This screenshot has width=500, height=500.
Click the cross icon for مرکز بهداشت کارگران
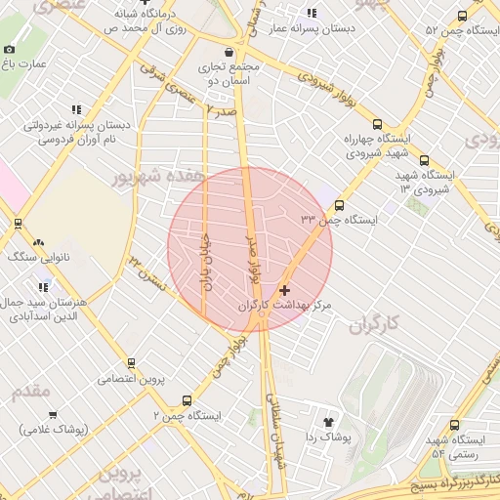[284, 291]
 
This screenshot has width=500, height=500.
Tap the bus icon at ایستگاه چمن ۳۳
[339, 205]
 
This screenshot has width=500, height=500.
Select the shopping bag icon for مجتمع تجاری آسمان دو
[229, 52]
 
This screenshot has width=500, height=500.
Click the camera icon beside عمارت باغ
[10, 49]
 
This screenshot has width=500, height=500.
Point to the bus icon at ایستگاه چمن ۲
[187, 400]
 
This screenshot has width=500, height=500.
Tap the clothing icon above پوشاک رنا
[327, 421]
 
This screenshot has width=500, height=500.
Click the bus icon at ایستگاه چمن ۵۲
[462, 17]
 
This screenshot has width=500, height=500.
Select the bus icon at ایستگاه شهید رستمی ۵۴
[454, 425]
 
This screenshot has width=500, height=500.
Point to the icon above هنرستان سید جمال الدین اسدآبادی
[43, 287]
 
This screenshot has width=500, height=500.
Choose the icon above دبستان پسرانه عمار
[312, 14]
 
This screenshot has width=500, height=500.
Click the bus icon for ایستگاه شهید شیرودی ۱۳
[423, 161]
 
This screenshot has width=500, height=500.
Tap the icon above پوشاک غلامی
[52, 415]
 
